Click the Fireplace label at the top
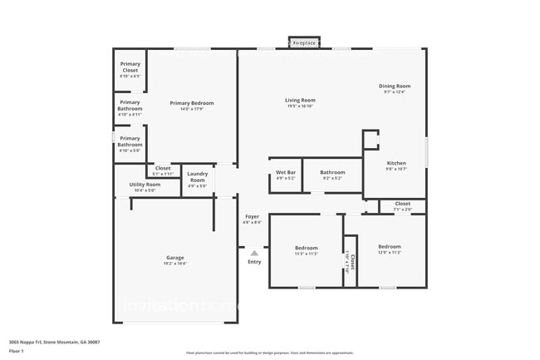tap(304, 42)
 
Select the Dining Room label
tap(395, 86)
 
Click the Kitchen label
tap(395, 163)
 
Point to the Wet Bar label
tap(285, 173)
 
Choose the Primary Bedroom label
tap(191, 103)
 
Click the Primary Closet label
tap(130, 67)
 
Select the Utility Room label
tap(145, 185)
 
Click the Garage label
tap(174, 258)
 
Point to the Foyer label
tap(252, 217)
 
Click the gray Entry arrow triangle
tap(254, 253)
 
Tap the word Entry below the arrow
tap(254, 262)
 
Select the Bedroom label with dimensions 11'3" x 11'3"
tap(306, 248)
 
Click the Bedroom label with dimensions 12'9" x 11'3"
tap(390, 247)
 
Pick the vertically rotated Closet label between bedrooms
tap(352, 263)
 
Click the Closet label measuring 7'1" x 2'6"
tap(402, 204)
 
